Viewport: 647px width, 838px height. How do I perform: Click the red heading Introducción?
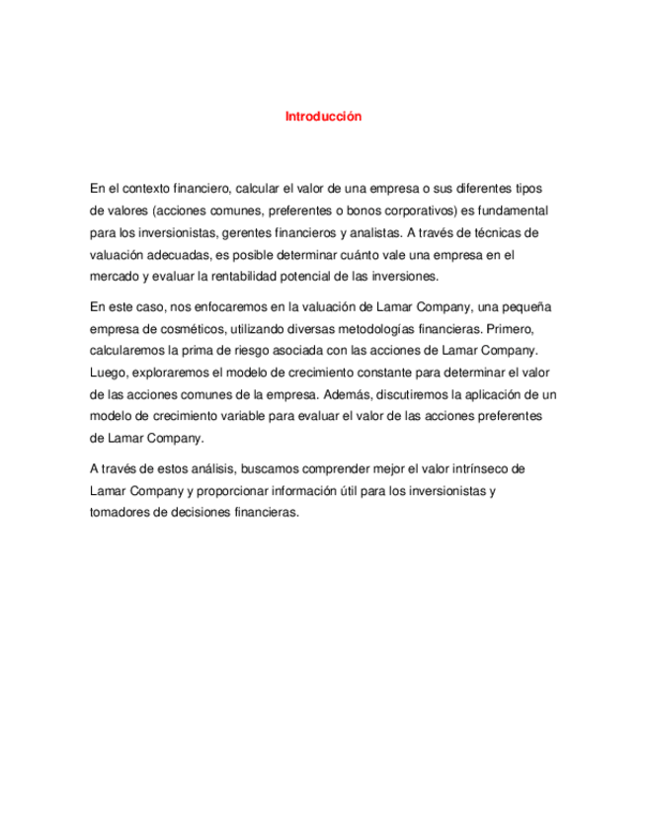click(323, 117)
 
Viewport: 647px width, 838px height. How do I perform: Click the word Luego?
click(107, 373)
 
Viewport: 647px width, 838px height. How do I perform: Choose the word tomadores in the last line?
click(121, 513)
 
